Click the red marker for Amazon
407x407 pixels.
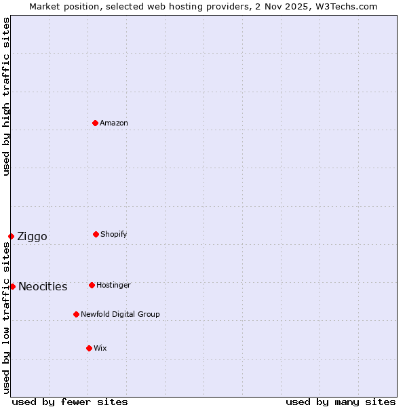pyautogui.click(x=96, y=123)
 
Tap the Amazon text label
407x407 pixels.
pyautogui.click(x=114, y=123)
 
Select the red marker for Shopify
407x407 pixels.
pyautogui.click(x=96, y=234)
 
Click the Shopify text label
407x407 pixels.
pyautogui.click(x=114, y=234)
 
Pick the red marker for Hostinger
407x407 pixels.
pyautogui.click(x=92, y=285)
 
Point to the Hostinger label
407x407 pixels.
pyautogui.click(x=113, y=285)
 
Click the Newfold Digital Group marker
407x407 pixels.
pyautogui.click(x=76, y=314)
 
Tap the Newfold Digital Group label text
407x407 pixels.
pyautogui.click(x=120, y=314)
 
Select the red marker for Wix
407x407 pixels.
pyautogui.click(x=89, y=348)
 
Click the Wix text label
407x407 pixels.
pyautogui.click(x=100, y=348)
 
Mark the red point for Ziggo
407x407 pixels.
pyautogui.click(x=11, y=236)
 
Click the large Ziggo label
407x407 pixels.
pyautogui.click(x=32, y=236)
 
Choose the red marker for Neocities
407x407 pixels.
pyautogui.click(x=12, y=286)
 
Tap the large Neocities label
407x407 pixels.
pyautogui.click(x=43, y=286)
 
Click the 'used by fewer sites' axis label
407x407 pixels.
pyautogui.click(x=70, y=402)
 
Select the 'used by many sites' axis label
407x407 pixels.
pyautogui.click(x=341, y=402)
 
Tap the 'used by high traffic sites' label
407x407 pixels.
pyautogui.click(x=6, y=96)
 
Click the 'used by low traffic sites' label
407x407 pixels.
pyautogui.click(x=6, y=319)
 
